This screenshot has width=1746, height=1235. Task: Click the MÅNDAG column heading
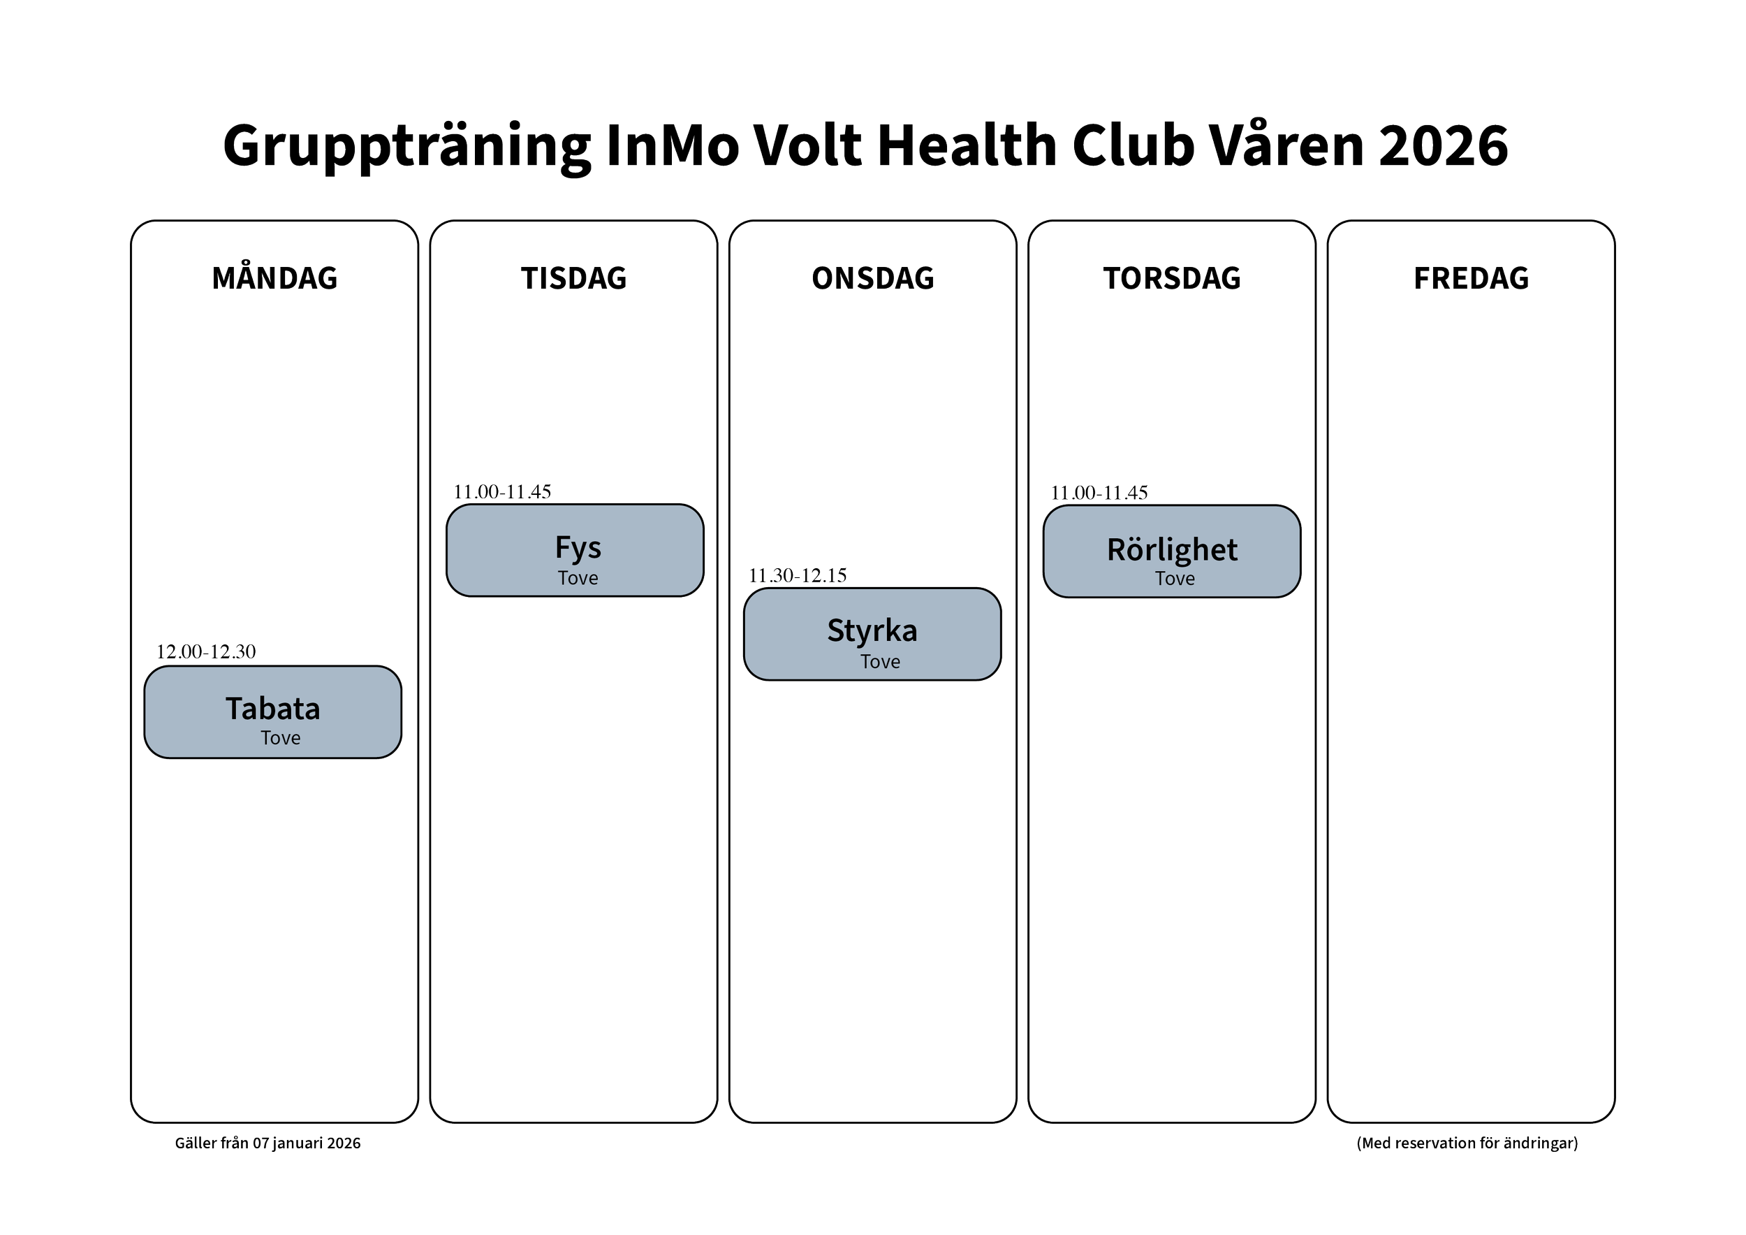(274, 277)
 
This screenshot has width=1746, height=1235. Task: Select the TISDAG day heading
(574, 277)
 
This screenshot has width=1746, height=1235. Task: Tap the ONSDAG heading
(873, 277)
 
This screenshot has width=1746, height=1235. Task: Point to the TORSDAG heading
(1172, 277)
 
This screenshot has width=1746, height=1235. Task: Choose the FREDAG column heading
(1471, 277)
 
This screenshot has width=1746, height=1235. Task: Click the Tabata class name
(273, 709)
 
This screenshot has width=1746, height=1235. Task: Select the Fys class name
(578, 548)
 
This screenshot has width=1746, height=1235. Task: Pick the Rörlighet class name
(1172, 549)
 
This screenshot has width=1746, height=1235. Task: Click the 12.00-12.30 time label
(206, 651)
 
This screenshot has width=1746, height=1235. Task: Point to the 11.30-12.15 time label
(798, 575)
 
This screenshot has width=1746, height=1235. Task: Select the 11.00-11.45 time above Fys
(503, 491)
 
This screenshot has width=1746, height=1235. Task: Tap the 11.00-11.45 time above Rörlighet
(1099, 492)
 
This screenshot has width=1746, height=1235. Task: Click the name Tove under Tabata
(281, 737)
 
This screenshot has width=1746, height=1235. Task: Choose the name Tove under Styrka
(880, 661)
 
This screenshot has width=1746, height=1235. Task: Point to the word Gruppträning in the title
(407, 146)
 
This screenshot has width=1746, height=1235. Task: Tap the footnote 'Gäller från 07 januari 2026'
(267, 1143)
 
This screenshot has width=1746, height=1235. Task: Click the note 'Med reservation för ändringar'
(1467, 1143)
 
